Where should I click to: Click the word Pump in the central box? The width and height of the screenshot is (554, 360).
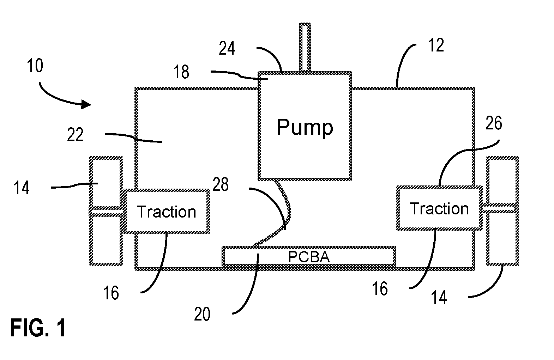pos(305,128)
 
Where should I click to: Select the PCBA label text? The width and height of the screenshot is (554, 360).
pos(309,257)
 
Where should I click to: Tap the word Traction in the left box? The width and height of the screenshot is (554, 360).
pos(167,212)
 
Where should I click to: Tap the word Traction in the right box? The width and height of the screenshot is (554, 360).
pos(439,208)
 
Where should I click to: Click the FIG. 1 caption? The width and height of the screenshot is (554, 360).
pos(38,328)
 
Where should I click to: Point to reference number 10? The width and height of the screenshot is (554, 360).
pos(35,66)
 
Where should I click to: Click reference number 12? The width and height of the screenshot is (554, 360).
pos(436,45)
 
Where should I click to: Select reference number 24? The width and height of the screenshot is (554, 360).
pos(227,48)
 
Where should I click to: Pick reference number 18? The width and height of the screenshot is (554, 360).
pos(181,72)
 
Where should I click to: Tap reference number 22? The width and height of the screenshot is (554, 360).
pos(75,135)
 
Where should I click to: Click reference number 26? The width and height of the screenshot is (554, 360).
pos(494,123)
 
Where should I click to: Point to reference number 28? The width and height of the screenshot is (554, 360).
pos(220,184)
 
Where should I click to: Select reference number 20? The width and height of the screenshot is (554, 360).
pos(202,314)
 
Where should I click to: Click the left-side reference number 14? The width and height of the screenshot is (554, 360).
pos(21,188)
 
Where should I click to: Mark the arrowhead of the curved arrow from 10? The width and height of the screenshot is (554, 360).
pos(86,104)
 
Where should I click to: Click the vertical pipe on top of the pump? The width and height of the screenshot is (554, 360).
pos(305,48)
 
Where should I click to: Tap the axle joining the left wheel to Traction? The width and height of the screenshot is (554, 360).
pos(106,212)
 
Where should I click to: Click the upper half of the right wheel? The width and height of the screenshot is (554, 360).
pos(502,182)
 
